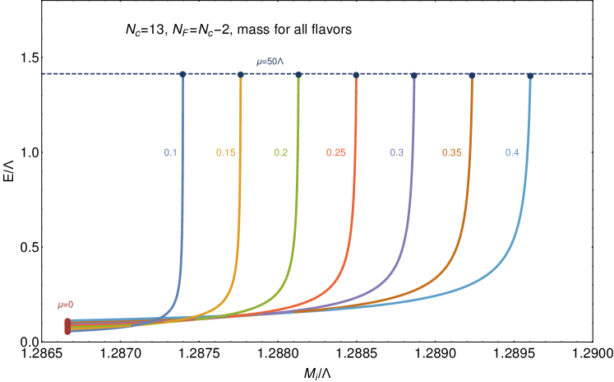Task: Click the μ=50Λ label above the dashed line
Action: click(x=270, y=62)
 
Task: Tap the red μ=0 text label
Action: click(x=66, y=305)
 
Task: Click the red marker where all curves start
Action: click(x=67, y=326)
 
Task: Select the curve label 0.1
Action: click(x=170, y=153)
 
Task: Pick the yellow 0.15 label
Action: click(x=226, y=153)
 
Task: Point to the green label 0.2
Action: click(x=281, y=153)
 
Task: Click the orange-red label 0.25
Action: click(x=335, y=153)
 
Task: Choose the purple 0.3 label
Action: click(x=397, y=153)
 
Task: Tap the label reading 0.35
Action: click(x=451, y=153)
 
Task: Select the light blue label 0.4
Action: click(x=512, y=153)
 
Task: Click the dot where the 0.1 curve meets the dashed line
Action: click(x=182, y=74)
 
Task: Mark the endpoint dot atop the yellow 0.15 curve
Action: click(x=241, y=74)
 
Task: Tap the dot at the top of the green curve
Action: click(x=298, y=74)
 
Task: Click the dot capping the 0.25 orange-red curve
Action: click(x=356, y=74)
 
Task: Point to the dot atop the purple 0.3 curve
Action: click(x=414, y=74)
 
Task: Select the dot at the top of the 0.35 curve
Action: click(x=472, y=74)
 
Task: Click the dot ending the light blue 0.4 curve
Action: click(x=530, y=74)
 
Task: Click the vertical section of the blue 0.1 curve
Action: click(x=182, y=189)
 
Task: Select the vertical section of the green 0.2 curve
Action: click(x=298, y=165)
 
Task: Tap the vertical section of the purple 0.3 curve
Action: click(x=413, y=165)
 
